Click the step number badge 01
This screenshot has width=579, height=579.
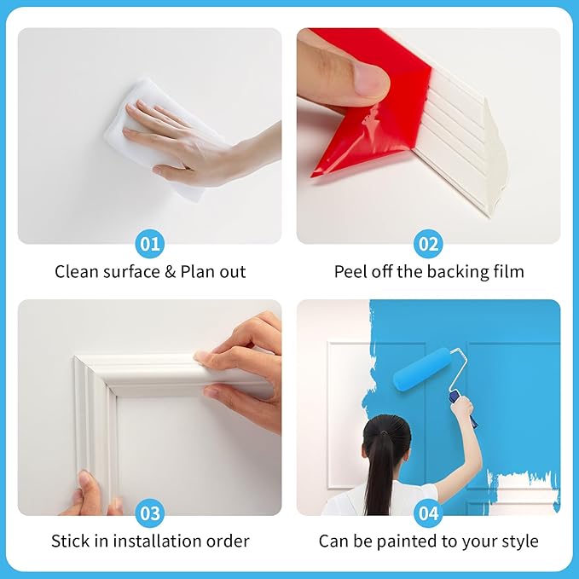[149, 245]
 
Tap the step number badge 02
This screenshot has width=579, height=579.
[428, 245]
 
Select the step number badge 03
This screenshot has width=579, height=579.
[149, 514]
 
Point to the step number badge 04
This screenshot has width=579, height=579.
[428, 514]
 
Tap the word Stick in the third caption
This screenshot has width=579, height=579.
[69, 541]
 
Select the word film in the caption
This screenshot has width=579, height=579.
[508, 272]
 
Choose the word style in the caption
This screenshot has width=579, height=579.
[519, 541]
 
